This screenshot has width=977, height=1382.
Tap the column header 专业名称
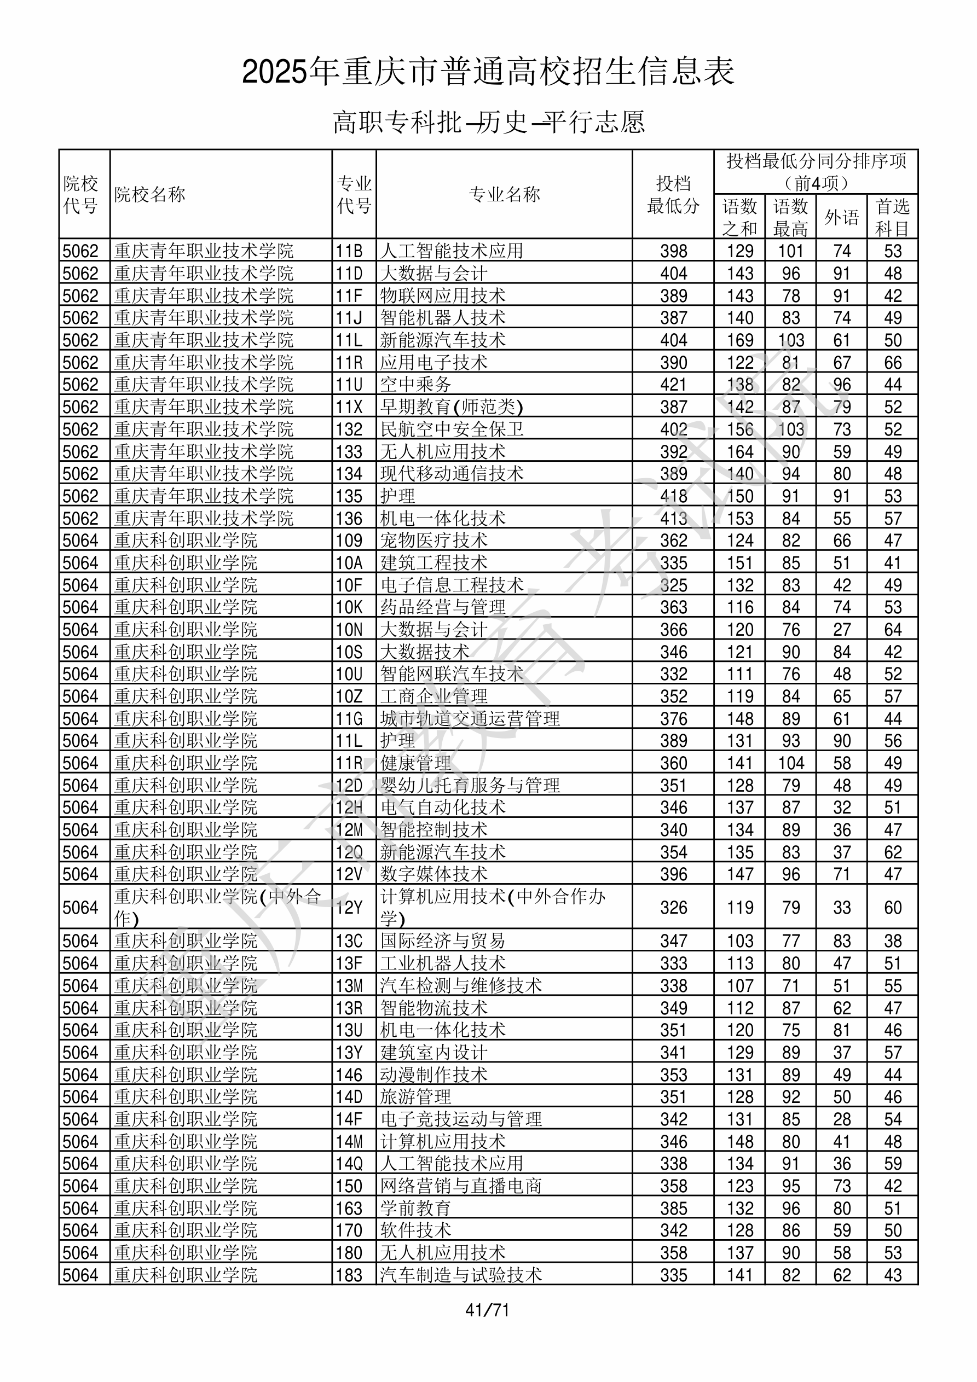(504, 194)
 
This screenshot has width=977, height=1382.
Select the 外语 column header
(841, 217)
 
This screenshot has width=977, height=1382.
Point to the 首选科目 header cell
(892, 217)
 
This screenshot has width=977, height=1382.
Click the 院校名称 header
(150, 194)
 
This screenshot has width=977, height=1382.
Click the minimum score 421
(673, 385)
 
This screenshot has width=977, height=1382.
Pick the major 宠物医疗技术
(433, 541)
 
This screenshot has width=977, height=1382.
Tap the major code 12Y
(349, 908)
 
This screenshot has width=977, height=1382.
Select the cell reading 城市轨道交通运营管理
(470, 719)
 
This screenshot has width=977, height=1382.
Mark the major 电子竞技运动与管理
(461, 1119)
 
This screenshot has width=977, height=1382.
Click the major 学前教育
(415, 1209)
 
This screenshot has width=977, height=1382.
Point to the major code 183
(349, 1275)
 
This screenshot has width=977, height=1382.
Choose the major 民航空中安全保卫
(452, 429)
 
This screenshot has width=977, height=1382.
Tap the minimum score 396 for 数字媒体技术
(673, 874)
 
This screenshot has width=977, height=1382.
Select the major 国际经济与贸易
(443, 941)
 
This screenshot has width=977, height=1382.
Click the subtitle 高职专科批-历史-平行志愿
(488, 122)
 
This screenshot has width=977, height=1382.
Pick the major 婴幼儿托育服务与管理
(470, 786)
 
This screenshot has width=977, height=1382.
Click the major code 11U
(349, 385)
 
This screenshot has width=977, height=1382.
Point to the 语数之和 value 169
(739, 340)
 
